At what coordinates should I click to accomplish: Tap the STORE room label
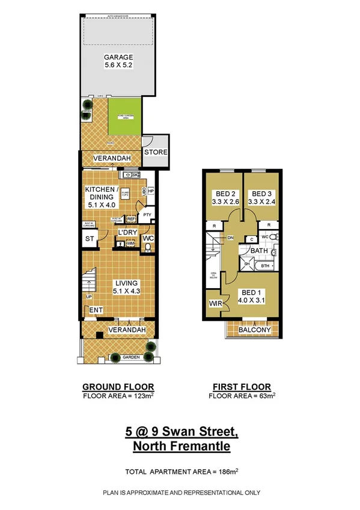pyautogui.click(x=156, y=152)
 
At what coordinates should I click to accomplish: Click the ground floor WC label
pyautogui.click(x=148, y=239)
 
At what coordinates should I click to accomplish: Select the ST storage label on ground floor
pyautogui.click(x=90, y=239)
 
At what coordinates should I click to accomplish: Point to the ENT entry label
pyautogui.click(x=95, y=310)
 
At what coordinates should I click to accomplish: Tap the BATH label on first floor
pyautogui.click(x=259, y=250)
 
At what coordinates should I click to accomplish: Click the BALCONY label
pyautogui.click(x=255, y=330)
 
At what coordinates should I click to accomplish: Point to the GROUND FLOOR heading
pyautogui.click(x=118, y=387)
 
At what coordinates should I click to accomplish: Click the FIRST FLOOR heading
pyautogui.click(x=242, y=387)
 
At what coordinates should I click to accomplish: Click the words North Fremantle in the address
pyautogui.click(x=181, y=446)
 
